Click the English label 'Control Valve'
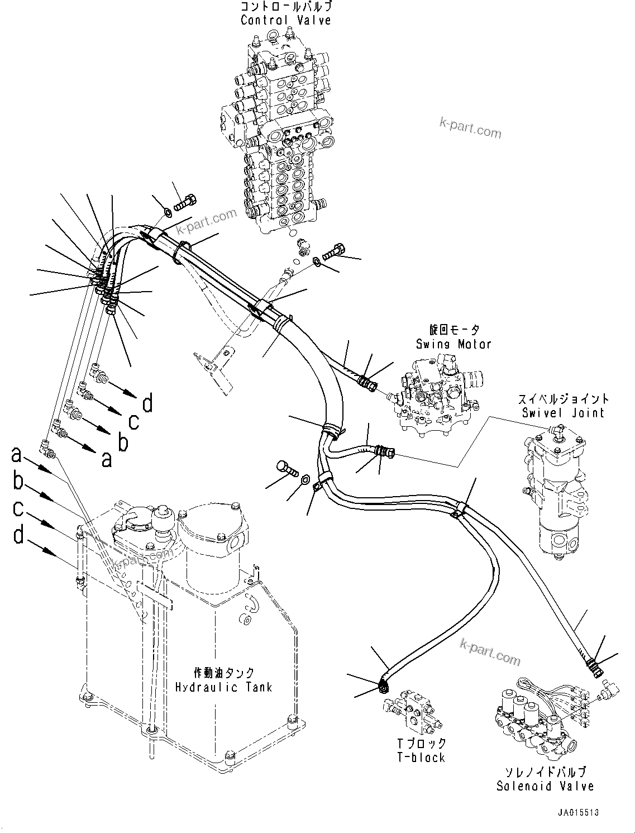pos(285,21)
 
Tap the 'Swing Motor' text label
pos(453,344)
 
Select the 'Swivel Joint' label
pos(563,413)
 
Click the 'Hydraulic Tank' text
pos(223,687)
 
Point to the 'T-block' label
pos(421,758)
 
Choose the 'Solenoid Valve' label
pos(545,786)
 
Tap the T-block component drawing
pos(413,712)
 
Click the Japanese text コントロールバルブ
pos(285,7)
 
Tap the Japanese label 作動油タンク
pos(223,673)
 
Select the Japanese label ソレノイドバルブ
pos(545,772)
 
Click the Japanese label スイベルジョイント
pos(563,399)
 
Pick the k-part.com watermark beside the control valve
pos(470,127)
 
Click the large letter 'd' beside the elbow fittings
pos(147,403)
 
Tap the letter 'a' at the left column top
pos(16,455)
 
